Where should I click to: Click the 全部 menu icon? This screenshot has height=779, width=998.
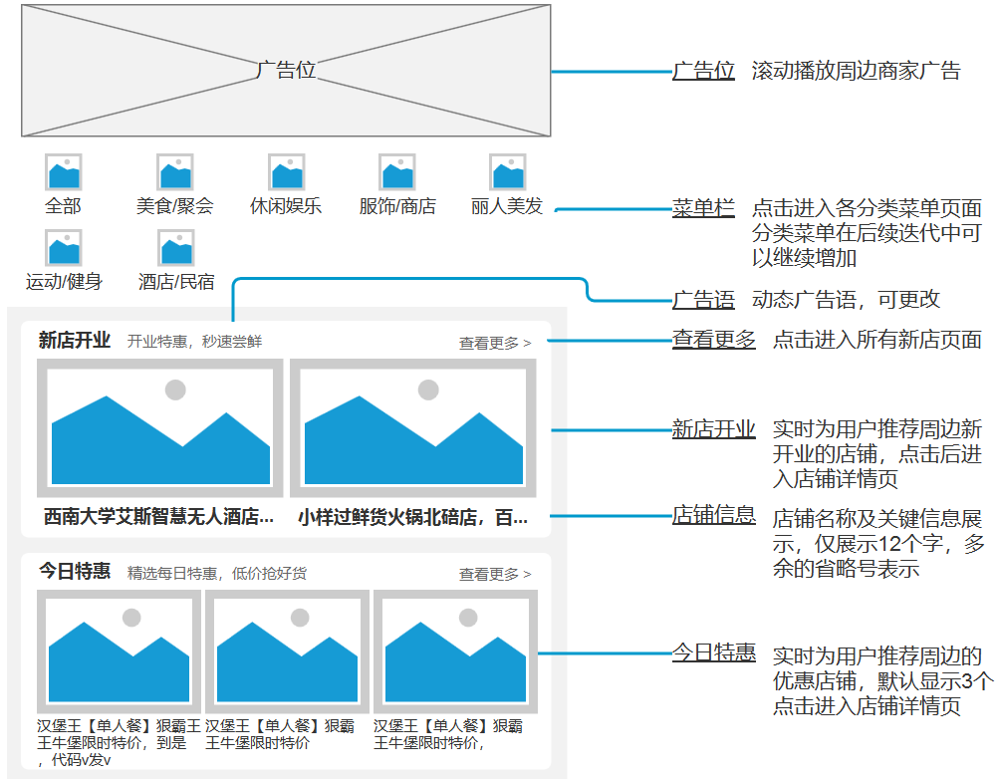click(x=63, y=172)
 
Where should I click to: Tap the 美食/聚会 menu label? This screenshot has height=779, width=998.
click(x=175, y=207)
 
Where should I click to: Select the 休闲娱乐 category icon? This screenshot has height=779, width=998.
click(x=286, y=172)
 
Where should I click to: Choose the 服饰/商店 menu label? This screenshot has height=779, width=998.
click(x=397, y=207)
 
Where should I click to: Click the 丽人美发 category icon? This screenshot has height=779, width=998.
click(x=508, y=172)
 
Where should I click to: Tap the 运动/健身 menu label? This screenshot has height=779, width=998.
click(x=64, y=282)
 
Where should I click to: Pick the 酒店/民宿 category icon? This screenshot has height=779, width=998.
click(x=175, y=247)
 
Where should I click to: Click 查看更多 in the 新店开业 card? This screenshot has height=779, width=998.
click(x=495, y=344)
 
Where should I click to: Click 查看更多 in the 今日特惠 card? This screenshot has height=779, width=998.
click(x=495, y=575)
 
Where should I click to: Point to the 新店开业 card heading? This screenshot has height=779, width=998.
click(x=75, y=341)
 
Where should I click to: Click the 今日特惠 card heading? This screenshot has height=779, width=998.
click(x=75, y=572)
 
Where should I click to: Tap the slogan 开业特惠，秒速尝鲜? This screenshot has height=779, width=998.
click(x=194, y=342)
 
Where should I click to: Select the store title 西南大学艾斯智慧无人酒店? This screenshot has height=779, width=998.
click(x=158, y=517)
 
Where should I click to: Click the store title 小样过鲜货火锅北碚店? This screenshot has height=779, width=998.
click(x=412, y=517)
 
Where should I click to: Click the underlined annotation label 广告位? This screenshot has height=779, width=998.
click(x=703, y=71)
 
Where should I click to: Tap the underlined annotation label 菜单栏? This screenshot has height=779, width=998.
click(x=703, y=208)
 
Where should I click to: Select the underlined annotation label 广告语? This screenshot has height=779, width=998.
click(x=703, y=300)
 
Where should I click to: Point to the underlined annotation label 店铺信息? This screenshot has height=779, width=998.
click(x=713, y=515)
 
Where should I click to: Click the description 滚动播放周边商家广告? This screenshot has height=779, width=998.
click(x=856, y=71)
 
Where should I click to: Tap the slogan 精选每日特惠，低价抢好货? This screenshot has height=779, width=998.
click(x=217, y=574)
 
